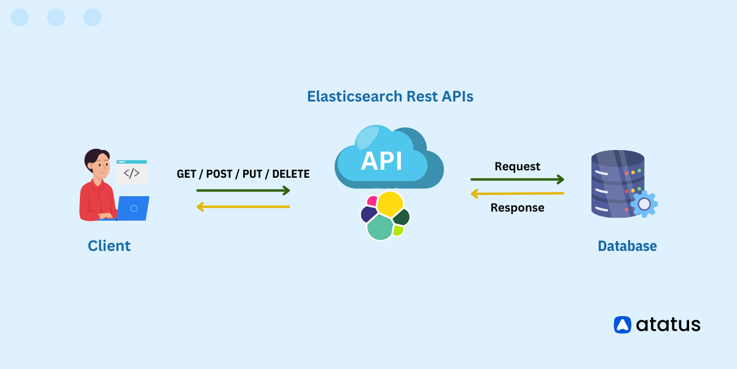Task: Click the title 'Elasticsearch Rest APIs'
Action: pos(390,97)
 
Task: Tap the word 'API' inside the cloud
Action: pos(381,161)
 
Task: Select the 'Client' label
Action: pos(109,246)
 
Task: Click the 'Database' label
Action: pos(627,246)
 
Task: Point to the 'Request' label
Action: pos(517,167)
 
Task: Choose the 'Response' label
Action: pos(517,208)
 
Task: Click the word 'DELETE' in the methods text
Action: pos(291,174)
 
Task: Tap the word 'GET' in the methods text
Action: pos(186,174)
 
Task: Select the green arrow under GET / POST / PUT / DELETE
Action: pos(243,191)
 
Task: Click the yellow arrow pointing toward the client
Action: pos(243,207)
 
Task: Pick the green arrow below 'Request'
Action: pos(517,180)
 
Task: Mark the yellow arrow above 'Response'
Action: pos(517,194)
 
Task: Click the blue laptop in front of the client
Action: pos(133,208)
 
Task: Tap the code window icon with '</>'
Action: pos(131,172)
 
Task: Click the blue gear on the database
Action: pos(644,204)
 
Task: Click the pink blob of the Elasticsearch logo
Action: pos(372,200)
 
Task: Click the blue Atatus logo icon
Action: pos(623,325)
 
